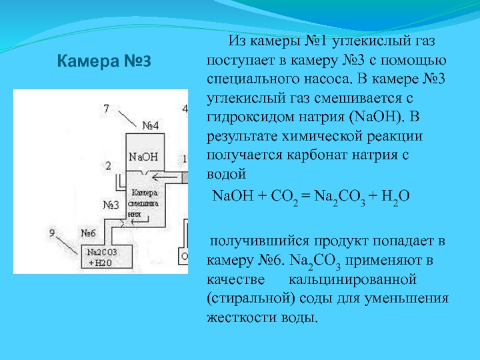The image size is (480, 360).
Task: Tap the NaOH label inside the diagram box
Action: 143,156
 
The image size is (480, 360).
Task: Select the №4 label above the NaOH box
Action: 150,126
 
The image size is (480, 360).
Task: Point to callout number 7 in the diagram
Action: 106,109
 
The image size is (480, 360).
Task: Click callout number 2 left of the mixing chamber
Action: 108,166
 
